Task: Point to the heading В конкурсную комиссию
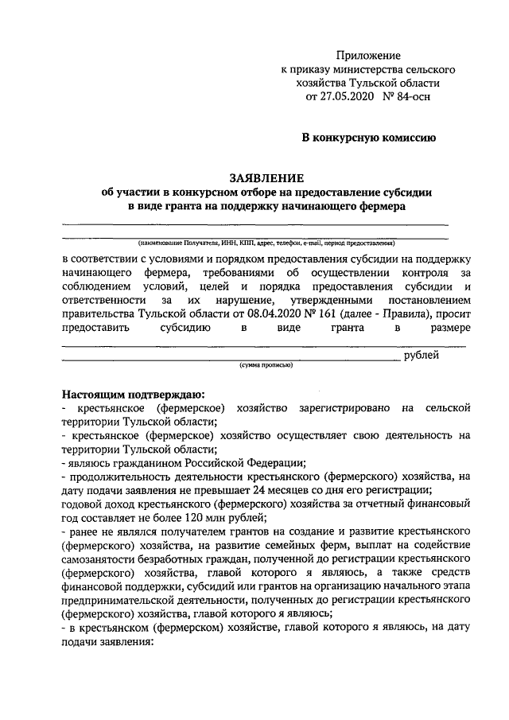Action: [x=372, y=138]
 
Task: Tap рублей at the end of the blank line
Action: [x=421, y=356]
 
